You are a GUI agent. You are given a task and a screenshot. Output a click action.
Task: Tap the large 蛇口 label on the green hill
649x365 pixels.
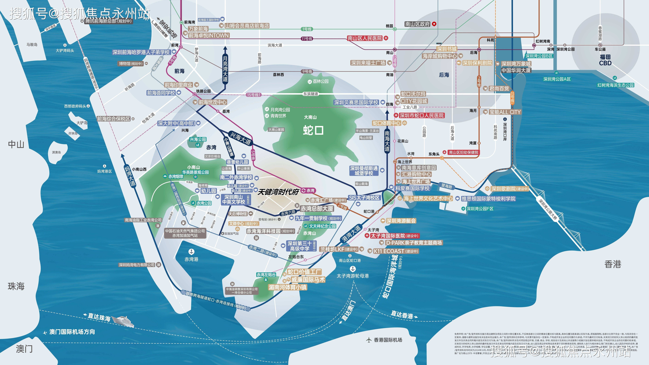313,130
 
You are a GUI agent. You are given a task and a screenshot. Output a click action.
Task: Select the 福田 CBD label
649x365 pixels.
605,60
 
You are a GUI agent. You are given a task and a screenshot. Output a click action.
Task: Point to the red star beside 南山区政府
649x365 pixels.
434,24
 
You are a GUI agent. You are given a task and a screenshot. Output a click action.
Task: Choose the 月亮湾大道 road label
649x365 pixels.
225,68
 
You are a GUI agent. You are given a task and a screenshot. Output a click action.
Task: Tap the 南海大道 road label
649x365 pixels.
387,141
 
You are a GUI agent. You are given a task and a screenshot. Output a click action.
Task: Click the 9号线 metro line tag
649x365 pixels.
307,72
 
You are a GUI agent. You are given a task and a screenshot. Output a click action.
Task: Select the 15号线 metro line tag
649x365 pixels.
253,95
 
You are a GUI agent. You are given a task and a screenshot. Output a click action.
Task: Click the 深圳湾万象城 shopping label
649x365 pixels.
516,64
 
